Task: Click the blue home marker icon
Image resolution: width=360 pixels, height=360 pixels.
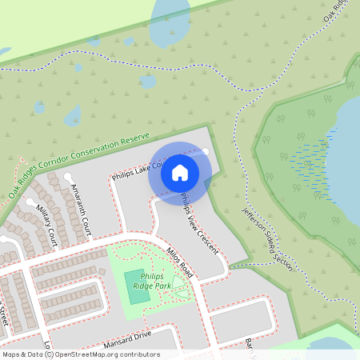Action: coord(180,172)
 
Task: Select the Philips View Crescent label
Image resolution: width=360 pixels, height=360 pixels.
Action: coord(199,223)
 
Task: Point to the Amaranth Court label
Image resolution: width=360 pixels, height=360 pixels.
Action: coord(81,210)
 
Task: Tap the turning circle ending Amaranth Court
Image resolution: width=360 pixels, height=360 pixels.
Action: coord(68,177)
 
